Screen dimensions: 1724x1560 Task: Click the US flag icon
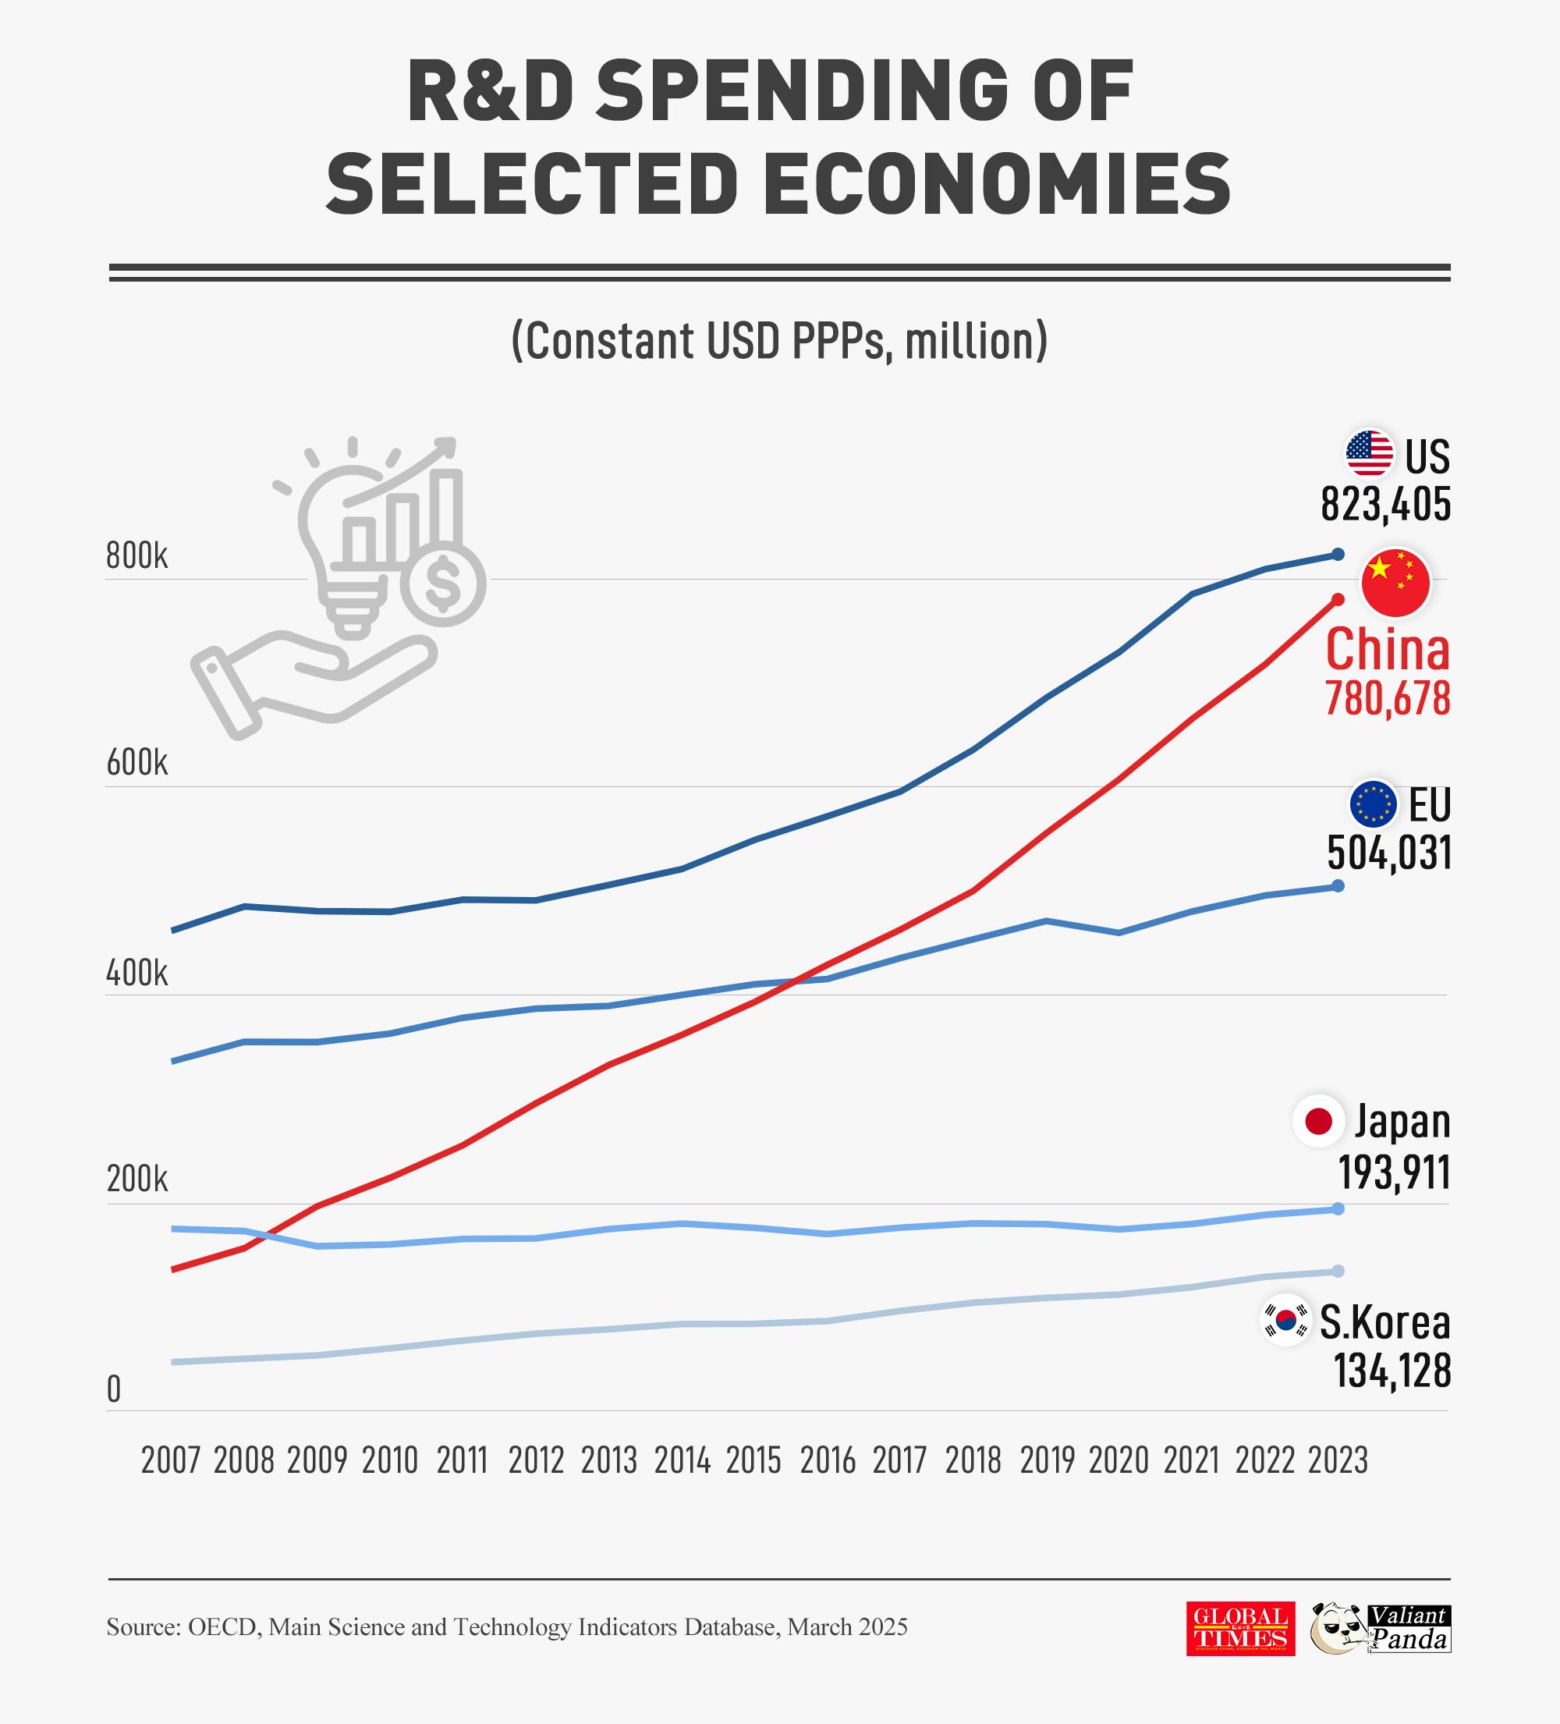(1368, 453)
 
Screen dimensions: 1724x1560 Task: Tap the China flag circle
(1395, 583)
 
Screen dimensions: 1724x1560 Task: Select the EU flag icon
(1373, 803)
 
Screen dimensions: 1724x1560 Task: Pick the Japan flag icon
(1318, 1120)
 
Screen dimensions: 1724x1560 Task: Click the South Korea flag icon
(1285, 1321)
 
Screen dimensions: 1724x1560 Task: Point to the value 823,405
(1384, 504)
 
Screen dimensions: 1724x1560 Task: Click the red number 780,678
(1388, 699)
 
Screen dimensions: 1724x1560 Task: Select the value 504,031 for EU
(1388, 853)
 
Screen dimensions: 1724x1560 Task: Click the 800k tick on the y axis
(136, 556)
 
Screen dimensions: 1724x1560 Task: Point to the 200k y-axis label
(136, 1179)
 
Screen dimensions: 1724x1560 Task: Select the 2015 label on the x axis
(753, 1460)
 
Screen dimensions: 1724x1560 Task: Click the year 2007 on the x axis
(170, 1460)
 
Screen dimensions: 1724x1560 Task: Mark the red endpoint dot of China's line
(1338, 599)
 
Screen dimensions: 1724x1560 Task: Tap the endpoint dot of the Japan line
(1338, 1208)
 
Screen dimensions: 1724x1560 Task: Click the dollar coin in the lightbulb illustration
(442, 584)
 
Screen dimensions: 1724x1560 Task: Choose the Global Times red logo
(1240, 1629)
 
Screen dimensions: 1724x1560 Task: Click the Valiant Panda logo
(1381, 1628)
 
